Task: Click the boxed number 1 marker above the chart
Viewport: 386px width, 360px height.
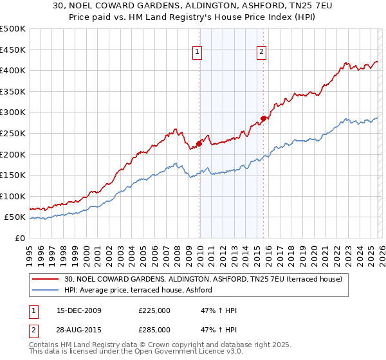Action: pyautogui.click(x=198, y=53)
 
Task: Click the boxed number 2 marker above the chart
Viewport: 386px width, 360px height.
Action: pyautogui.click(x=262, y=53)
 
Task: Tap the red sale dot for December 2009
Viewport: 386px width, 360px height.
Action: pyautogui.click(x=199, y=143)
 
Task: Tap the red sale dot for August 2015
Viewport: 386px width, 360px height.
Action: pyautogui.click(x=264, y=118)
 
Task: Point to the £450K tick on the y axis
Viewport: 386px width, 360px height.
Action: pyautogui.click(x=13, y=50)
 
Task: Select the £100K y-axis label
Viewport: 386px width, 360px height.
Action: pyautogui.click(x=13, y=196)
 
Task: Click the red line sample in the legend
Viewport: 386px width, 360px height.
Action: pyautogui.click(x=46, y=279)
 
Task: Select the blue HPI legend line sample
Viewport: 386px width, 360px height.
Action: pyautogui.click(x=46, y=291)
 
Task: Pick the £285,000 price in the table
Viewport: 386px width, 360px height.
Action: pyautogui.click(x=154, y=330)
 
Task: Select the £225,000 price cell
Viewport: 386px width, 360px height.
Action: pyautogui.click(x=154, y=310)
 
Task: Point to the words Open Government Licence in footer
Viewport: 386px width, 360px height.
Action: pyautogui.click(x=171, y=353)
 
